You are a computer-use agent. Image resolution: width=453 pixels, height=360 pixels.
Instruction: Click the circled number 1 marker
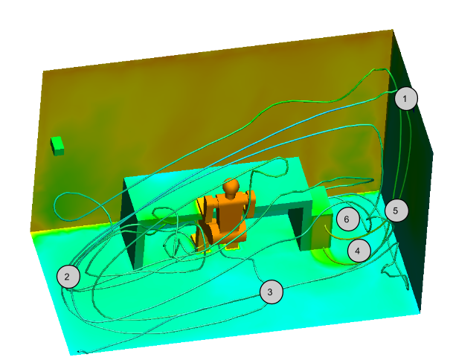tap(406, 98)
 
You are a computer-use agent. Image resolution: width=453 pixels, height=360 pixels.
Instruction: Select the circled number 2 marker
tap(68, 277)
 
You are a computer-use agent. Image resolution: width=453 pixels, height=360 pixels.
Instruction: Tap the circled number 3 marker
tap(272, 292)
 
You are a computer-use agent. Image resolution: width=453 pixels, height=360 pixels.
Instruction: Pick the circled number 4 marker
tap(359, 251)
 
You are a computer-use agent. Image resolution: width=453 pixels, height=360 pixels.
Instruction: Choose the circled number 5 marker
tap(396, 210)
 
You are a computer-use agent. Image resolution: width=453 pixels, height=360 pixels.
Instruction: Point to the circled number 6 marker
tap(348, 219)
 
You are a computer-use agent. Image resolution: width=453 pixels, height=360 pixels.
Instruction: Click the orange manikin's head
tap(231, 186)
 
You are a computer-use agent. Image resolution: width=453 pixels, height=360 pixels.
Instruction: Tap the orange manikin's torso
tap(228, 210)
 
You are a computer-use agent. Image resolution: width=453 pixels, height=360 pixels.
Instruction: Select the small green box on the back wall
tap(57, 146)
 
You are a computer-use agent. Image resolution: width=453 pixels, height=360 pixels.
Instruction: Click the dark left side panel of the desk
tap(128, 222)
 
